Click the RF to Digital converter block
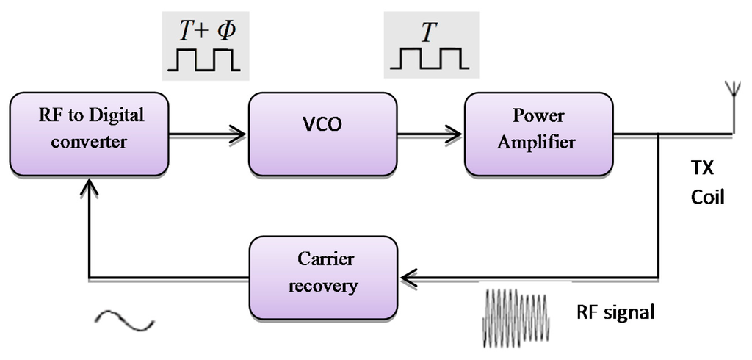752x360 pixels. pyautogui.click(x=89, y=134)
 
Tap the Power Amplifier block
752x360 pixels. pyautogui.click(x=539, y=134)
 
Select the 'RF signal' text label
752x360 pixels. pyautogui.click(x=615, y=312)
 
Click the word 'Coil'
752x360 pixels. pyautogui.click(x=706, y=197)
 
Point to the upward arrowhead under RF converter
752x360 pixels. pyautogui.click(x=89, y=190)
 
